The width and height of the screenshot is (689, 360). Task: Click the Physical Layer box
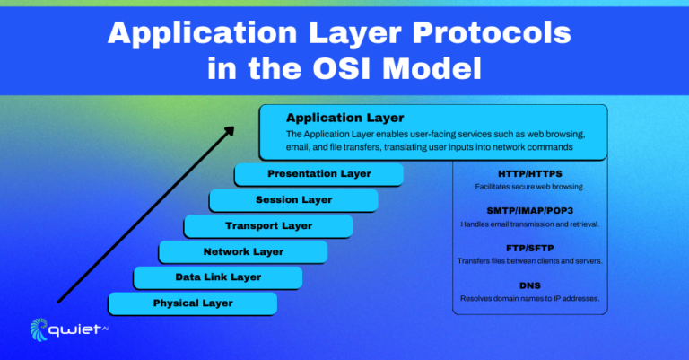192,303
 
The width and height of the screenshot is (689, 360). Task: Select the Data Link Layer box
218,277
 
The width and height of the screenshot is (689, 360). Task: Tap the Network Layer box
243,252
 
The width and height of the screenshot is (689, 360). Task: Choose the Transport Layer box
268,226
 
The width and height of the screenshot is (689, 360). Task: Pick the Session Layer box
293,200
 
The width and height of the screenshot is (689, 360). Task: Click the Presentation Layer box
318,174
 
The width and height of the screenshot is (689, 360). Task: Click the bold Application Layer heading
344,118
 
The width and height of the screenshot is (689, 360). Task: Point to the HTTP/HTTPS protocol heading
529,173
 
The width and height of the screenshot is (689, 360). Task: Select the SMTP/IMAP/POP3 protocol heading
529,210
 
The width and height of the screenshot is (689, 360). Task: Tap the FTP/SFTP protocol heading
529,248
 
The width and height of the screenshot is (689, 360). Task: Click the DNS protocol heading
529,285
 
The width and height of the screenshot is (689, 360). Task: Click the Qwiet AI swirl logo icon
40,329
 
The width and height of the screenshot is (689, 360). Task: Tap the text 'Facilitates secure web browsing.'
529,187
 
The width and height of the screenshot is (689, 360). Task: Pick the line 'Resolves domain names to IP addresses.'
529,298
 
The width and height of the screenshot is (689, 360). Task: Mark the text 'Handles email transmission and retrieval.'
529,224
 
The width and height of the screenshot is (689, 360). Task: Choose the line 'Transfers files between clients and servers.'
529,261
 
